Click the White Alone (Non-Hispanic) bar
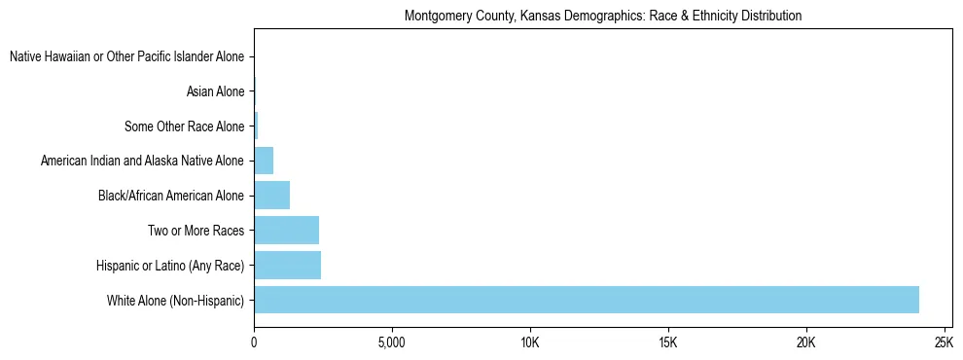coord(587,300)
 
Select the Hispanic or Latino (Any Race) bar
coord(288,265)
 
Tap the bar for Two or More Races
coord(287,231)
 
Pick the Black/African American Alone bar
coord(272,196)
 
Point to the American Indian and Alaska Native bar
coord(264,161)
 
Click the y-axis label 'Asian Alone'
coord(215,92)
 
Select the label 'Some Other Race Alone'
coord(184,126)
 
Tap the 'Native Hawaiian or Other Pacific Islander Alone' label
coord(126,57)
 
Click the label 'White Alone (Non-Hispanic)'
coord(175,300)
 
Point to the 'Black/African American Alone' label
coord(170,196)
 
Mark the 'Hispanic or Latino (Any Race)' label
coord(170,265)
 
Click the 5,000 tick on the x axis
coord(391,343)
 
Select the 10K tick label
coord(530,343)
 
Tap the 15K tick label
coord(668,343)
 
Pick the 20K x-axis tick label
coord(806,343)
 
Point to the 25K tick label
coord(944,343)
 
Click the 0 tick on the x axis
coord(254,343)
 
